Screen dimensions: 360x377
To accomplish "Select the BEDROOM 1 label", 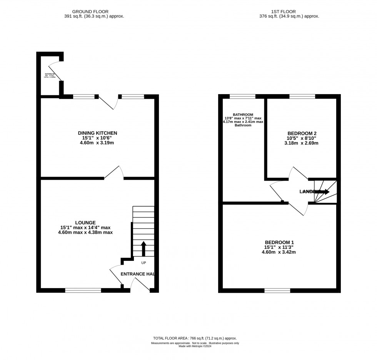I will [x=279, y=242].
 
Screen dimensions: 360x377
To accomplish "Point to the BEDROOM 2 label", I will [x=302, y=133].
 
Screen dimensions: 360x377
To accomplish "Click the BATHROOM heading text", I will [x=243, y=114].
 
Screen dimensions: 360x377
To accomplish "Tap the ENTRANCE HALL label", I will [x=137, y=274].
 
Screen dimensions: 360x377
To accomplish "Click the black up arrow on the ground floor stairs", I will [x=143, y=248].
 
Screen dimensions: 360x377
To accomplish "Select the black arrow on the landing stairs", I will [x=322, y=191].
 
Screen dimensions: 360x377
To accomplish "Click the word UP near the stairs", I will [x=143, y=263].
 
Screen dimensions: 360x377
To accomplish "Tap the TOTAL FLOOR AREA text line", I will [x=194, y=338].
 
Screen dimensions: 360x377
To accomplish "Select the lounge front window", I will [x=83, y=290].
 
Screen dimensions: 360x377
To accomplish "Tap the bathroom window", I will [x=242, y=96].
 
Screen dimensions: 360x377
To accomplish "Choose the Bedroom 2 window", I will [x=302, y=96].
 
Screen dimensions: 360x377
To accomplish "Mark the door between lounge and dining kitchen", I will [x=114, y=173].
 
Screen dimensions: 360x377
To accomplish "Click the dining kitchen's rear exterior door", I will [x=108, y=102].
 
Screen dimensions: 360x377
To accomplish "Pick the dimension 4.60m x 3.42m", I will [x=279, y=252].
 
